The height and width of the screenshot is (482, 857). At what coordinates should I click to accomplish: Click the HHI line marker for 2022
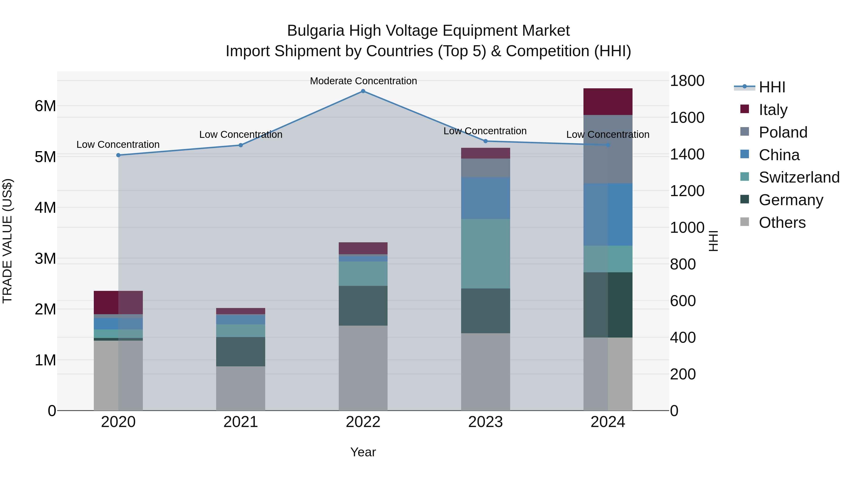click(363, 91)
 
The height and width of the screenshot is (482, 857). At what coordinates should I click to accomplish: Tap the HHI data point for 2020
click(119, 155)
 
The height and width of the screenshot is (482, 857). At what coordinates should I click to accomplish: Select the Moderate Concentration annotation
click(363, 81)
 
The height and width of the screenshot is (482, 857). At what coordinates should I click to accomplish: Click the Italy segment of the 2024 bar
click(608, 102)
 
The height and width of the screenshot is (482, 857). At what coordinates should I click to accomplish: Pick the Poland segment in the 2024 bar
click(608, 149)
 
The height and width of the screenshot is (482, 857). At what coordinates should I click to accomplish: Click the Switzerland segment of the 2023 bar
click(485, 253)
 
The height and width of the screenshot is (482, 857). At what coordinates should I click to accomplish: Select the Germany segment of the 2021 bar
click(240, 352)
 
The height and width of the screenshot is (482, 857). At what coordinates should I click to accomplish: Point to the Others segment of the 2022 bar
click(363, 368)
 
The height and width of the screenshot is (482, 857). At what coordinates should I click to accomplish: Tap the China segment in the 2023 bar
click(485, 198)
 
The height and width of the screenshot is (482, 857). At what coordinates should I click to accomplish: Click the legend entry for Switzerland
click(798, 177)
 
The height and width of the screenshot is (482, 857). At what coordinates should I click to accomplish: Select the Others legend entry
click(782, 223)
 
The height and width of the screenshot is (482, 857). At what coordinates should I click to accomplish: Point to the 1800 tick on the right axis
click(687, 81)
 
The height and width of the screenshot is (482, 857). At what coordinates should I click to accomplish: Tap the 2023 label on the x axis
click(485, 422)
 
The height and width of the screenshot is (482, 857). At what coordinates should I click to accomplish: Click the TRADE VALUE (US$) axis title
click(7, 241)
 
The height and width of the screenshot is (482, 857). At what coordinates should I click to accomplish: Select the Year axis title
click(363, 452)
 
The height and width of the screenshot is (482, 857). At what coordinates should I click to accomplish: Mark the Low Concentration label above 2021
click(240, 134)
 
